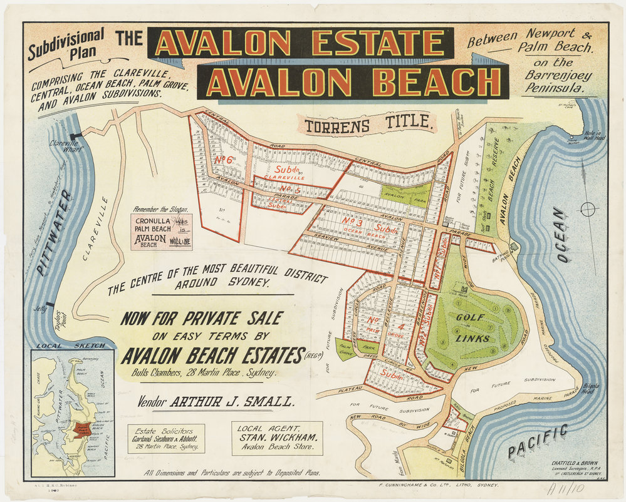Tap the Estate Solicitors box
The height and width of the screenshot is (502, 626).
pyautogui.click(x=165, y=439)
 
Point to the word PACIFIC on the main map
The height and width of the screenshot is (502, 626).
pyautogui.click(x=538, y=440)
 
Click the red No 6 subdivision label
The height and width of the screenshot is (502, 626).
pyautogui.click(x=224, y=160)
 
